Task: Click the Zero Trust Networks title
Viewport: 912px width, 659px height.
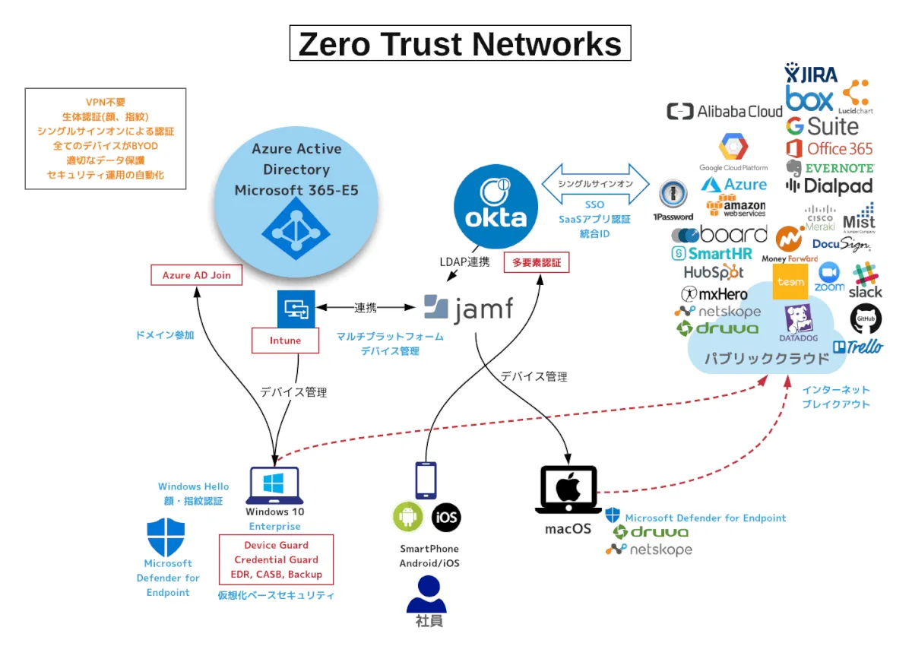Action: click(x=460, y=44)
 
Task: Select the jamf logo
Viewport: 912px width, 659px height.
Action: click(x=468, y=308)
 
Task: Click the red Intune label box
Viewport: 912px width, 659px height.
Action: click(x=285, y=341)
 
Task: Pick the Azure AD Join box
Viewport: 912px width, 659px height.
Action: click(x=197, y=275)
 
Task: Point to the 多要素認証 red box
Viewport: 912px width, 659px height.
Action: click(x=537, y=262)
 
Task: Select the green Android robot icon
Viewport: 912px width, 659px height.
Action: click(x=408, y=518)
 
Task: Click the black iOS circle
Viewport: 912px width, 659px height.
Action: click(x=446, y=518)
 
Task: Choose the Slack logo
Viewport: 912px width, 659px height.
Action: click(x=865, y=280)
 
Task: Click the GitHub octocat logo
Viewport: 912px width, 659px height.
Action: click(x=866, y=318)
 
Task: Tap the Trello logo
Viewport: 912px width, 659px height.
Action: click(x=858, y=347)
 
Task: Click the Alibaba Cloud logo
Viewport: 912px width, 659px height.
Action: click(x=724, y=112)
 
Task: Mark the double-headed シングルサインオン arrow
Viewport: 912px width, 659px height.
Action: click(x=595, y=184)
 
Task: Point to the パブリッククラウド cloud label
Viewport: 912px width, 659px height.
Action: click(x=766, y=358)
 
